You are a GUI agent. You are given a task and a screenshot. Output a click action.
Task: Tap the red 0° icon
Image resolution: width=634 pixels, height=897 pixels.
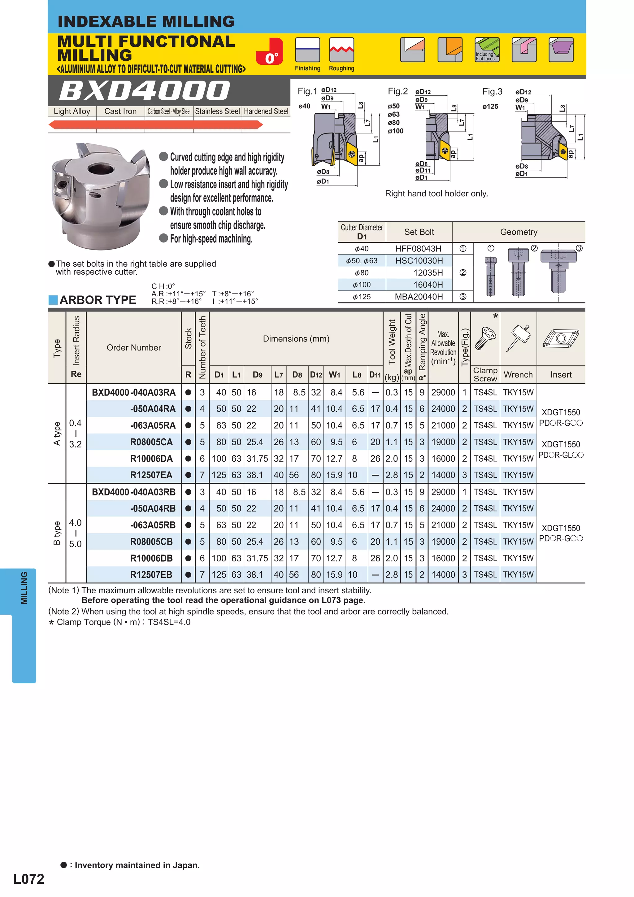pyautogui.click(x=270, y=52)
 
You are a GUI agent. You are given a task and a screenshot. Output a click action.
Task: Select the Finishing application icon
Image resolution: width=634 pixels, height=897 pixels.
pyautogui.click(x=307, y=50)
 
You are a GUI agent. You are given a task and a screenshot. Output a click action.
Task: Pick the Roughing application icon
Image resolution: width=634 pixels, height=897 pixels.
pyautogui.click(x=341, y=50)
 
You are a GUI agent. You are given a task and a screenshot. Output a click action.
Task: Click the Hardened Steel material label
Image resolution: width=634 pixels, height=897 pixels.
pyautogui.click(x=266, y=111)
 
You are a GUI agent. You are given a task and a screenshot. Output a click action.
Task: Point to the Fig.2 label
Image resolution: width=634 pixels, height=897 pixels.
pyautogui.click(x=397, y=91)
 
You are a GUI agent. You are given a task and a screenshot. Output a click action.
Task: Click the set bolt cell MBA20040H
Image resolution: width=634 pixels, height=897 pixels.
pyautogui.click(x=419, y=297)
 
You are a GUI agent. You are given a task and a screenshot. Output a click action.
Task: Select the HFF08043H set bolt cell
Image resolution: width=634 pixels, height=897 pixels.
pyautogui.click(x=418, y=248)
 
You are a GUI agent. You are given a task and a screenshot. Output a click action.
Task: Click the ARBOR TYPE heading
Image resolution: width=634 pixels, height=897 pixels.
pyautogui.click(x=98, y=300)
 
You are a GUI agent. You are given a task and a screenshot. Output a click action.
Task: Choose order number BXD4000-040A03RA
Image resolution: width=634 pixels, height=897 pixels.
pyautogui.click(x=134, y=392)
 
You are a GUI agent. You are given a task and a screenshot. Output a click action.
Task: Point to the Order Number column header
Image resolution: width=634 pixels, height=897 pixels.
pyautogui.click(x=134, y=347)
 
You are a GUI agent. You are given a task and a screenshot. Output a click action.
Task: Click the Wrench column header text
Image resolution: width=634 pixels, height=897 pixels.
pyautogui.click(x=518, y=375)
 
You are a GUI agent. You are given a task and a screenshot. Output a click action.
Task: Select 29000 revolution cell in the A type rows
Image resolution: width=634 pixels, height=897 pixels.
pyautogui.click(x=443, y=392)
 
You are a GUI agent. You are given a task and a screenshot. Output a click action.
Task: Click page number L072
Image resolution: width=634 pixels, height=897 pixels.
pyautogui.click(x=28, y=879)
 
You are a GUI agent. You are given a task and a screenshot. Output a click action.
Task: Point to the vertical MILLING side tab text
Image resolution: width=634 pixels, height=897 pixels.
pyautogui.click(x=24, y=588)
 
